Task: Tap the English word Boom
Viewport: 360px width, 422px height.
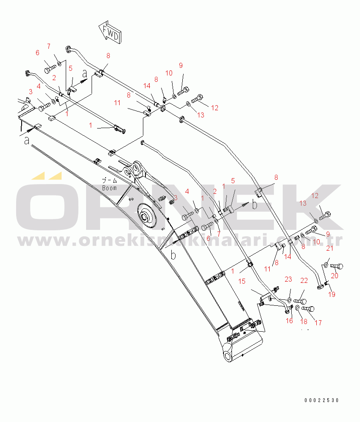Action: pyautogui.click(x=110, y=187)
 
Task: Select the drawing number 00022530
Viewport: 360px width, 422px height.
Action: pyautogui.click(x=321, y=400)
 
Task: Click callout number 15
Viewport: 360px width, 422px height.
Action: pyautogui.click(x=242, y=281)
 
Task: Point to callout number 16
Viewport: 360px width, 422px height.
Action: pyautogui.click(x=289, y=321)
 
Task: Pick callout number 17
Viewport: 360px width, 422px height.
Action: pyautogui.click(x=318, y=323)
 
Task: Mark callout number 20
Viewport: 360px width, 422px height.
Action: pyautogui.click(x=334, y=276)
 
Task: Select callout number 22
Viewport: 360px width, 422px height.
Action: pyautogui.click(x=304, y=280)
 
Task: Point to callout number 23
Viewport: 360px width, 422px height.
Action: pyautogui.click(x=288, y=279)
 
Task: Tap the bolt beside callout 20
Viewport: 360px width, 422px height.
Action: pyautogui.click(x=337, y=266)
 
